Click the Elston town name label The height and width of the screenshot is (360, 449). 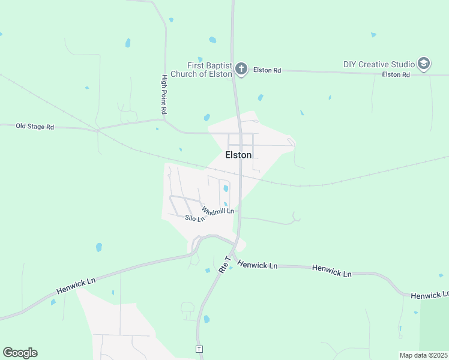pos(238,155)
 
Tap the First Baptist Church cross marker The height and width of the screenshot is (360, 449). pos(241,68)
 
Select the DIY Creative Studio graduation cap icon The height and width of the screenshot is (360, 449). pos(424,64)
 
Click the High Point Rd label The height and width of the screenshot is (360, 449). pos(163,95)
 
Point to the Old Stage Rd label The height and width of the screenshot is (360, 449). pos(35,127)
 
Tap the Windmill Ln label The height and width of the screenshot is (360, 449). pos(217,211)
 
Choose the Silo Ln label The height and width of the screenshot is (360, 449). pos(194,219)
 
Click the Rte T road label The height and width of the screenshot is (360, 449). pos(224,265)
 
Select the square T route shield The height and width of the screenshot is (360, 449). pos(199,349)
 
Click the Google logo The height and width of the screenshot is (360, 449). pos(20,353)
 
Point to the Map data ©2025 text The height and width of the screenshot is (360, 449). pos(424,355)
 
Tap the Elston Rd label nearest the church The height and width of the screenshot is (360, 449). pos(267,70)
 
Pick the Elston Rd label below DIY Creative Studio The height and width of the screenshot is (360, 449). pos(396,74)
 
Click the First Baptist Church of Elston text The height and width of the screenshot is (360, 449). pos(201,70)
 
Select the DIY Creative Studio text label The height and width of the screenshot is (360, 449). pos(379,64)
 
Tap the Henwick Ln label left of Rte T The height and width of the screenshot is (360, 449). pos(76,285)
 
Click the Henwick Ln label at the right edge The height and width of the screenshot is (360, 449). pos(430,295)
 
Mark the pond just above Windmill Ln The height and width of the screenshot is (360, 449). pos(226,188)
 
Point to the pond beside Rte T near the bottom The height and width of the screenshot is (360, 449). pos(207,319)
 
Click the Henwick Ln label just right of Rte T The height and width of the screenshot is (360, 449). pos(257,264)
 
